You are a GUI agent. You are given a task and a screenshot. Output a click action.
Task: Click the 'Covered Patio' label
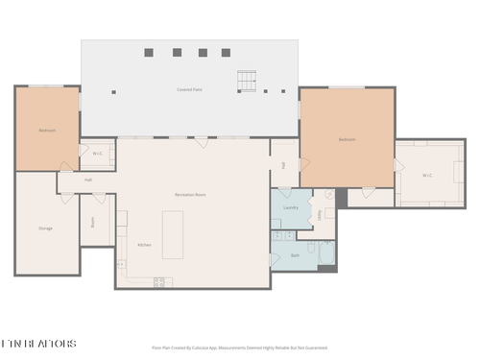tap(189, 89)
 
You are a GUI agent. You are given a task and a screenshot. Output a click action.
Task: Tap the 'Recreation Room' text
tap(190, 195)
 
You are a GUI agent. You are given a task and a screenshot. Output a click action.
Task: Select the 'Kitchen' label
tap(144, 245)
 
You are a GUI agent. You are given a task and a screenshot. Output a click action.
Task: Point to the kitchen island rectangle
tap(173, 235)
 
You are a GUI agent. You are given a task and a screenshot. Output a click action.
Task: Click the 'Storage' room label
tap(45, 228)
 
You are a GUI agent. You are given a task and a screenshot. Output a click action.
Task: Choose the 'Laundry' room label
tap(290, 207)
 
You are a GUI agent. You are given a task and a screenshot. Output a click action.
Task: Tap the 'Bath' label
tap(295, 255)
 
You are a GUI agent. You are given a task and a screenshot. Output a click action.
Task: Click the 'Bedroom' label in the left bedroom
tap(47, 130)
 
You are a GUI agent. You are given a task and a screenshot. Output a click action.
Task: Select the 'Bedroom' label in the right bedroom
tap(347, 140)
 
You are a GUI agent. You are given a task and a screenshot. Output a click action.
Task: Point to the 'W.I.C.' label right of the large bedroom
tap(428, 175)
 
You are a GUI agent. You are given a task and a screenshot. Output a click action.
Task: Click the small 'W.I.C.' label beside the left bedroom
tap(98, 154)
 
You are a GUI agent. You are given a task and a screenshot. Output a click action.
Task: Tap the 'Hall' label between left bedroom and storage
tap(88, 180)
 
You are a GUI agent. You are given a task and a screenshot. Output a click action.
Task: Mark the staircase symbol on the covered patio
tap(249, 83)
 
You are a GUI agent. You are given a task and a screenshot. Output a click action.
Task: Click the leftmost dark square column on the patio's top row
tap(149, 52)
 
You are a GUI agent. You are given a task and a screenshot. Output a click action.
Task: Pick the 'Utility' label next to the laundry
tap(321, 216)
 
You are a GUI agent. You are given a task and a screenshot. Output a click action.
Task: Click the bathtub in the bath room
tap(326, 254)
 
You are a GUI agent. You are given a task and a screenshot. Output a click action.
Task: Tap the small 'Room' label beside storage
tap(93, 221)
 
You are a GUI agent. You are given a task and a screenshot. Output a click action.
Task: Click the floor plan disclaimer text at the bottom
tap(240, 348)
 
